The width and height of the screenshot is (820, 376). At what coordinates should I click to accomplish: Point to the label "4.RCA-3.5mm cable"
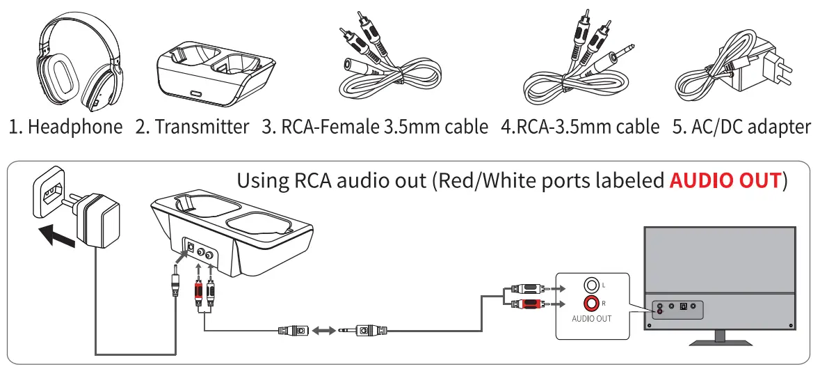(580, 127)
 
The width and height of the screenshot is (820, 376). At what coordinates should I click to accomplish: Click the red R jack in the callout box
(592, 303)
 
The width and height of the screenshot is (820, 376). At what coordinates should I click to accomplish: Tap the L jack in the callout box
(592, 285)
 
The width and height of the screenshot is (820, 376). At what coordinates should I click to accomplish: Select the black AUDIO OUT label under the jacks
(591, 318)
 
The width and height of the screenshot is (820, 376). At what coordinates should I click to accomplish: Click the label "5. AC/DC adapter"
(743, 127)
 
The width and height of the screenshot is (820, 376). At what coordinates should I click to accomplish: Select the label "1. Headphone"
(66, 127)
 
